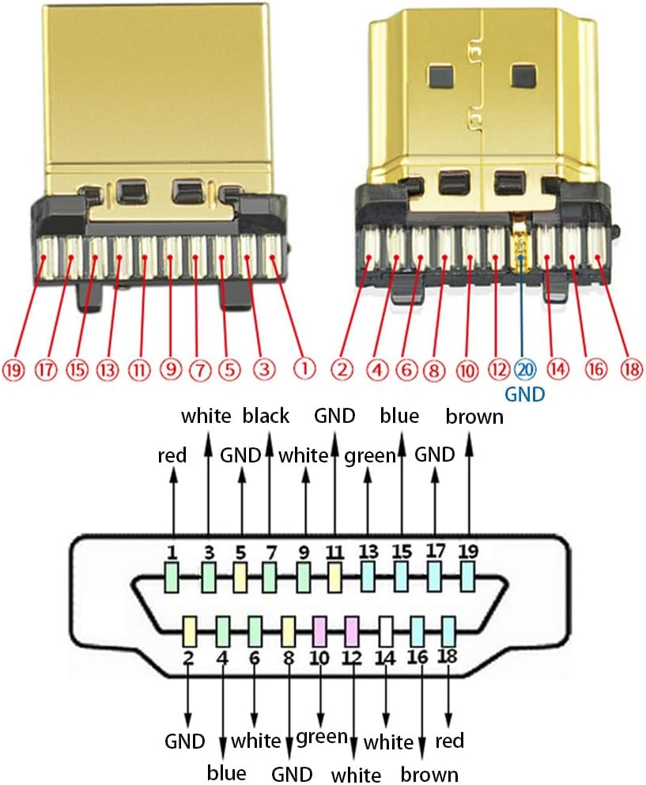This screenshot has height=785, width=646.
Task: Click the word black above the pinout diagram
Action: [x=266, y=415]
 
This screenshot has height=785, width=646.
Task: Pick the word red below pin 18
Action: [x=448, y=741]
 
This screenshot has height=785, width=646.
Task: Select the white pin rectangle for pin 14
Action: [x=386, y=630]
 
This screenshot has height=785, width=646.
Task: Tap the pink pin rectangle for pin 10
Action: [x=320, y=630]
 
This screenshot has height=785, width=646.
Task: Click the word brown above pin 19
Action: [x=474, y=417]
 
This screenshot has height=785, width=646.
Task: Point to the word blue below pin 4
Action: [x=226, y=772]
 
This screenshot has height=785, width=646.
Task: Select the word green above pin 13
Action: [x=368, y=455]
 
